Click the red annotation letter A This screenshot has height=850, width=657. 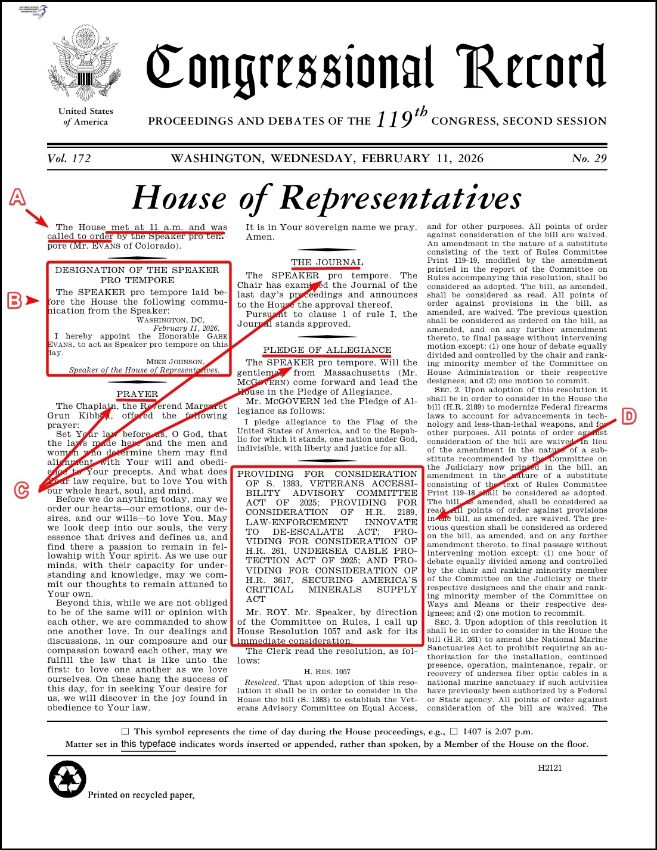17,197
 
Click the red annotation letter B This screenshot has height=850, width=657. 14,300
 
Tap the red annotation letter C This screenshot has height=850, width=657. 21,490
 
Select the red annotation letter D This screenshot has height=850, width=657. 629,416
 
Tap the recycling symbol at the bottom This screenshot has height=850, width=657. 67,779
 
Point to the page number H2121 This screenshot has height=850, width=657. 550,768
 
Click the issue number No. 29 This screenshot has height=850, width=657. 588,159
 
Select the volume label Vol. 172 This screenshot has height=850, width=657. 69,159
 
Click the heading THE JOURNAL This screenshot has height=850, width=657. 327,262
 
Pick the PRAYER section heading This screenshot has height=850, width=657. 137,394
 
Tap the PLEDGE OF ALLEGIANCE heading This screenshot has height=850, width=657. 327,350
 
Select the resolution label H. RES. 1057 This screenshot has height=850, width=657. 327,671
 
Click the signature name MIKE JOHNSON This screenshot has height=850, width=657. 175,361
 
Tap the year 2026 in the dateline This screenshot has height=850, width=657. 470,159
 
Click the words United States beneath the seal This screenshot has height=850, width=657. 86,111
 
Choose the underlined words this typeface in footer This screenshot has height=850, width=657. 148,744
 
